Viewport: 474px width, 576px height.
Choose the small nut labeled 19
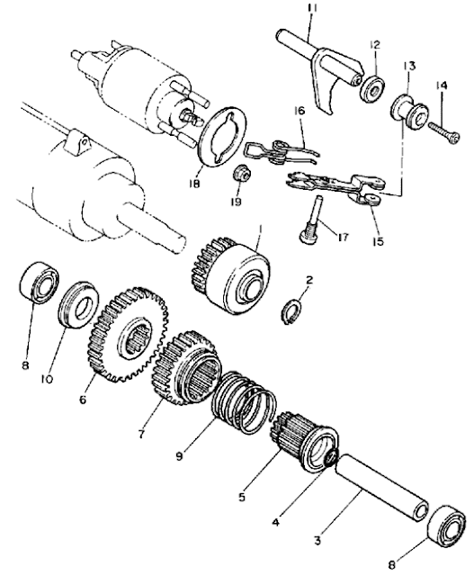(x=242, y=172)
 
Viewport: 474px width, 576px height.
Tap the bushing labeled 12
(x=371, y=91)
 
